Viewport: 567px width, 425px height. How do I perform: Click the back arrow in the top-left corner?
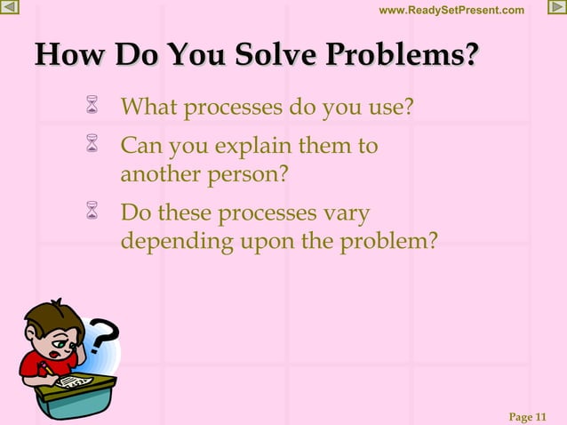click(10, 9)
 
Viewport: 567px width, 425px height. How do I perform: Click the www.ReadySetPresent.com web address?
click(451, 10)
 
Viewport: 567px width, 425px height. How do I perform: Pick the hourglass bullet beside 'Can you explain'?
click(91, 144)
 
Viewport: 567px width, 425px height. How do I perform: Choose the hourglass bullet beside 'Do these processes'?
click(91, 213)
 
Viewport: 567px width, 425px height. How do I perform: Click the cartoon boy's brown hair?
click(46, 315)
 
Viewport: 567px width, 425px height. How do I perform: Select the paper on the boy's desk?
click(73, 381)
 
